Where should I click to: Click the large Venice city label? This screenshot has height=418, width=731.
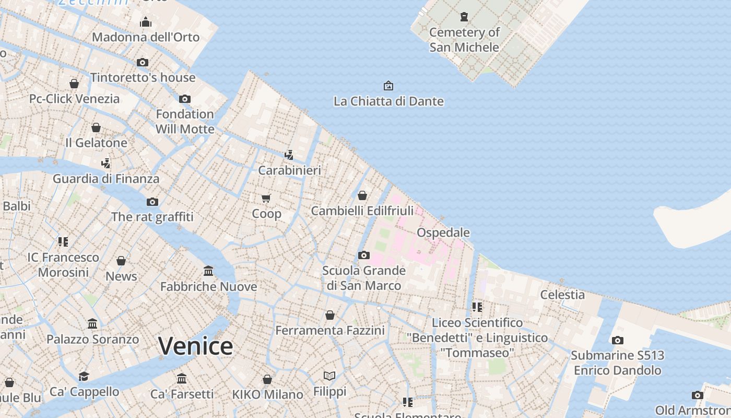(x=195, y=346)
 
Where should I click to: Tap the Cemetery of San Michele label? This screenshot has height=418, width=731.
(x=464, y=40)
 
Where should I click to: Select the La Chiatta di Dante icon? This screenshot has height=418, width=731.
(x=388, y=86)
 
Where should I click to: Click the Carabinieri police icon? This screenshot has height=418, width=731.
(x=289, y=155)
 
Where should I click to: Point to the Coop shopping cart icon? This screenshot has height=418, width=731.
(x=266, y=198)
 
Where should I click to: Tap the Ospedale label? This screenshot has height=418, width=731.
(x=443, y=233)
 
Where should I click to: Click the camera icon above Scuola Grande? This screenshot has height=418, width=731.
(x=364, y=255)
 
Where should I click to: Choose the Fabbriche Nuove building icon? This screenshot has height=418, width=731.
(x=208, y=271)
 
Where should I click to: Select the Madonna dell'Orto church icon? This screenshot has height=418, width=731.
(x=146, y=22)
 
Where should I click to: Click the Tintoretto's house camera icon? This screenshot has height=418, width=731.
(x=143, y=62)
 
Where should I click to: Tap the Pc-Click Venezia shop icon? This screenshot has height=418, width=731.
(x=74, y=84)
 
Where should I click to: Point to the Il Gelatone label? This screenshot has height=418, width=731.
(x=96, y=143)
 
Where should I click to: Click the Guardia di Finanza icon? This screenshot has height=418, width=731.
(x=106, y=163)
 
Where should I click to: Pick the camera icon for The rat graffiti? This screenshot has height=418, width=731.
(x=152, y=202)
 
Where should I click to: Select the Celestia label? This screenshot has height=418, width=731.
(x=562, y=294)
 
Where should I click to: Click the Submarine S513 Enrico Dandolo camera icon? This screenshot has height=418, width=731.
(x=617, y=340)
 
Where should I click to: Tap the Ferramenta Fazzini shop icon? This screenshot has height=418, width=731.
(x=330, y=315)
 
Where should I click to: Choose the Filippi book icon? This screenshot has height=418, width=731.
(x=329, y=376)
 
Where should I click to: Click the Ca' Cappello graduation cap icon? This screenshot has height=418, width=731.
(x=84, y=376)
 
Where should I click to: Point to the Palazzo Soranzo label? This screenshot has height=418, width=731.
(x=93, y=339)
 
